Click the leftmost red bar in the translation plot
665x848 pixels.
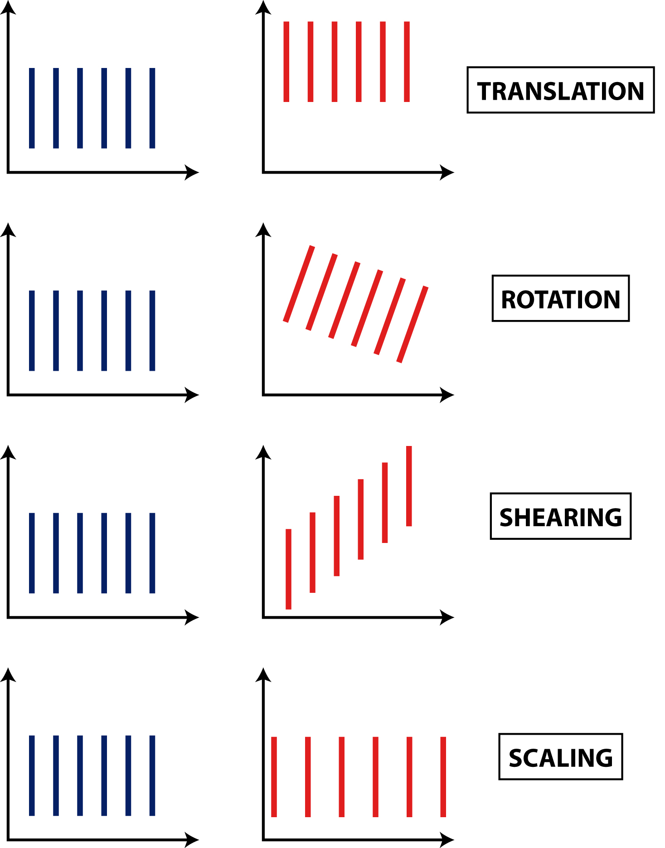[286, 62]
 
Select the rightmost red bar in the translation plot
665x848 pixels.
[407, 62]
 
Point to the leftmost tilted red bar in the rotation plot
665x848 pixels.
[299, 284]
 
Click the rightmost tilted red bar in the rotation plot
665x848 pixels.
[413, 325]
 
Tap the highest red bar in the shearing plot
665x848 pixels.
[409, 486]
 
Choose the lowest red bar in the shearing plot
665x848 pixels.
[289, 569]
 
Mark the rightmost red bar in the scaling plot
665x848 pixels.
[443, 777]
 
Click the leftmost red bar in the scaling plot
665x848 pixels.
[274, 777]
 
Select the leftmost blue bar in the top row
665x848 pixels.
[32, 108]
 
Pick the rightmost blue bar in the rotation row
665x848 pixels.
[152, 331]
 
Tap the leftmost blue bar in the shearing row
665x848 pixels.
[32, 553]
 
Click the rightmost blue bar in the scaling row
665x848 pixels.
[152, 775]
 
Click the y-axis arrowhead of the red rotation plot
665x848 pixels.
[263, 230]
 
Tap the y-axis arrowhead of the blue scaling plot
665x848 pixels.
[8, 675]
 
